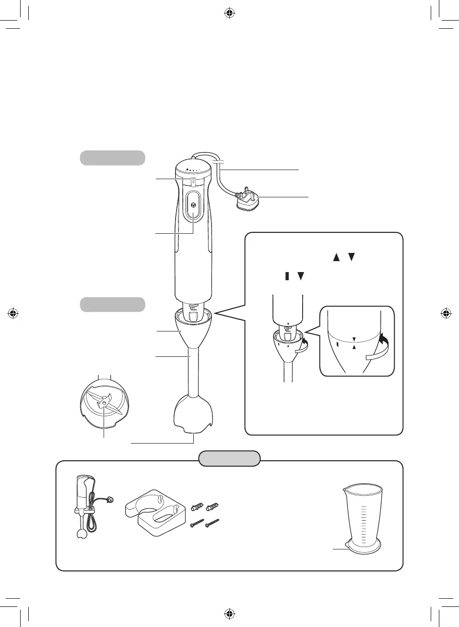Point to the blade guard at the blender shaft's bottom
click(x=193, y=413)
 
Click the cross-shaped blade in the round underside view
click(x=104, y=404)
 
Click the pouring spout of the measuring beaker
click(x=345, y=490)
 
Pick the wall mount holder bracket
click(x=155, y=512)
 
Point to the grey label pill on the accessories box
click(x=230, y=458)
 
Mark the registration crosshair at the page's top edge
click(x=230, y=13)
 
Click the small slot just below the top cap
click(x=193, y=181)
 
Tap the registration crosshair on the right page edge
click(x=446, y=314)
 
